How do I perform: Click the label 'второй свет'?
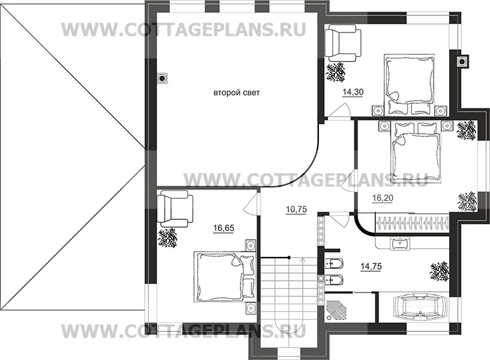237,93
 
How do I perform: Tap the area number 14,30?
352,93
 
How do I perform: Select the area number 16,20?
382,200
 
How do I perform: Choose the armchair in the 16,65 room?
172,209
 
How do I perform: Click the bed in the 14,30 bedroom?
409,82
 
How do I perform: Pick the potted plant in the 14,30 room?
336,72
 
